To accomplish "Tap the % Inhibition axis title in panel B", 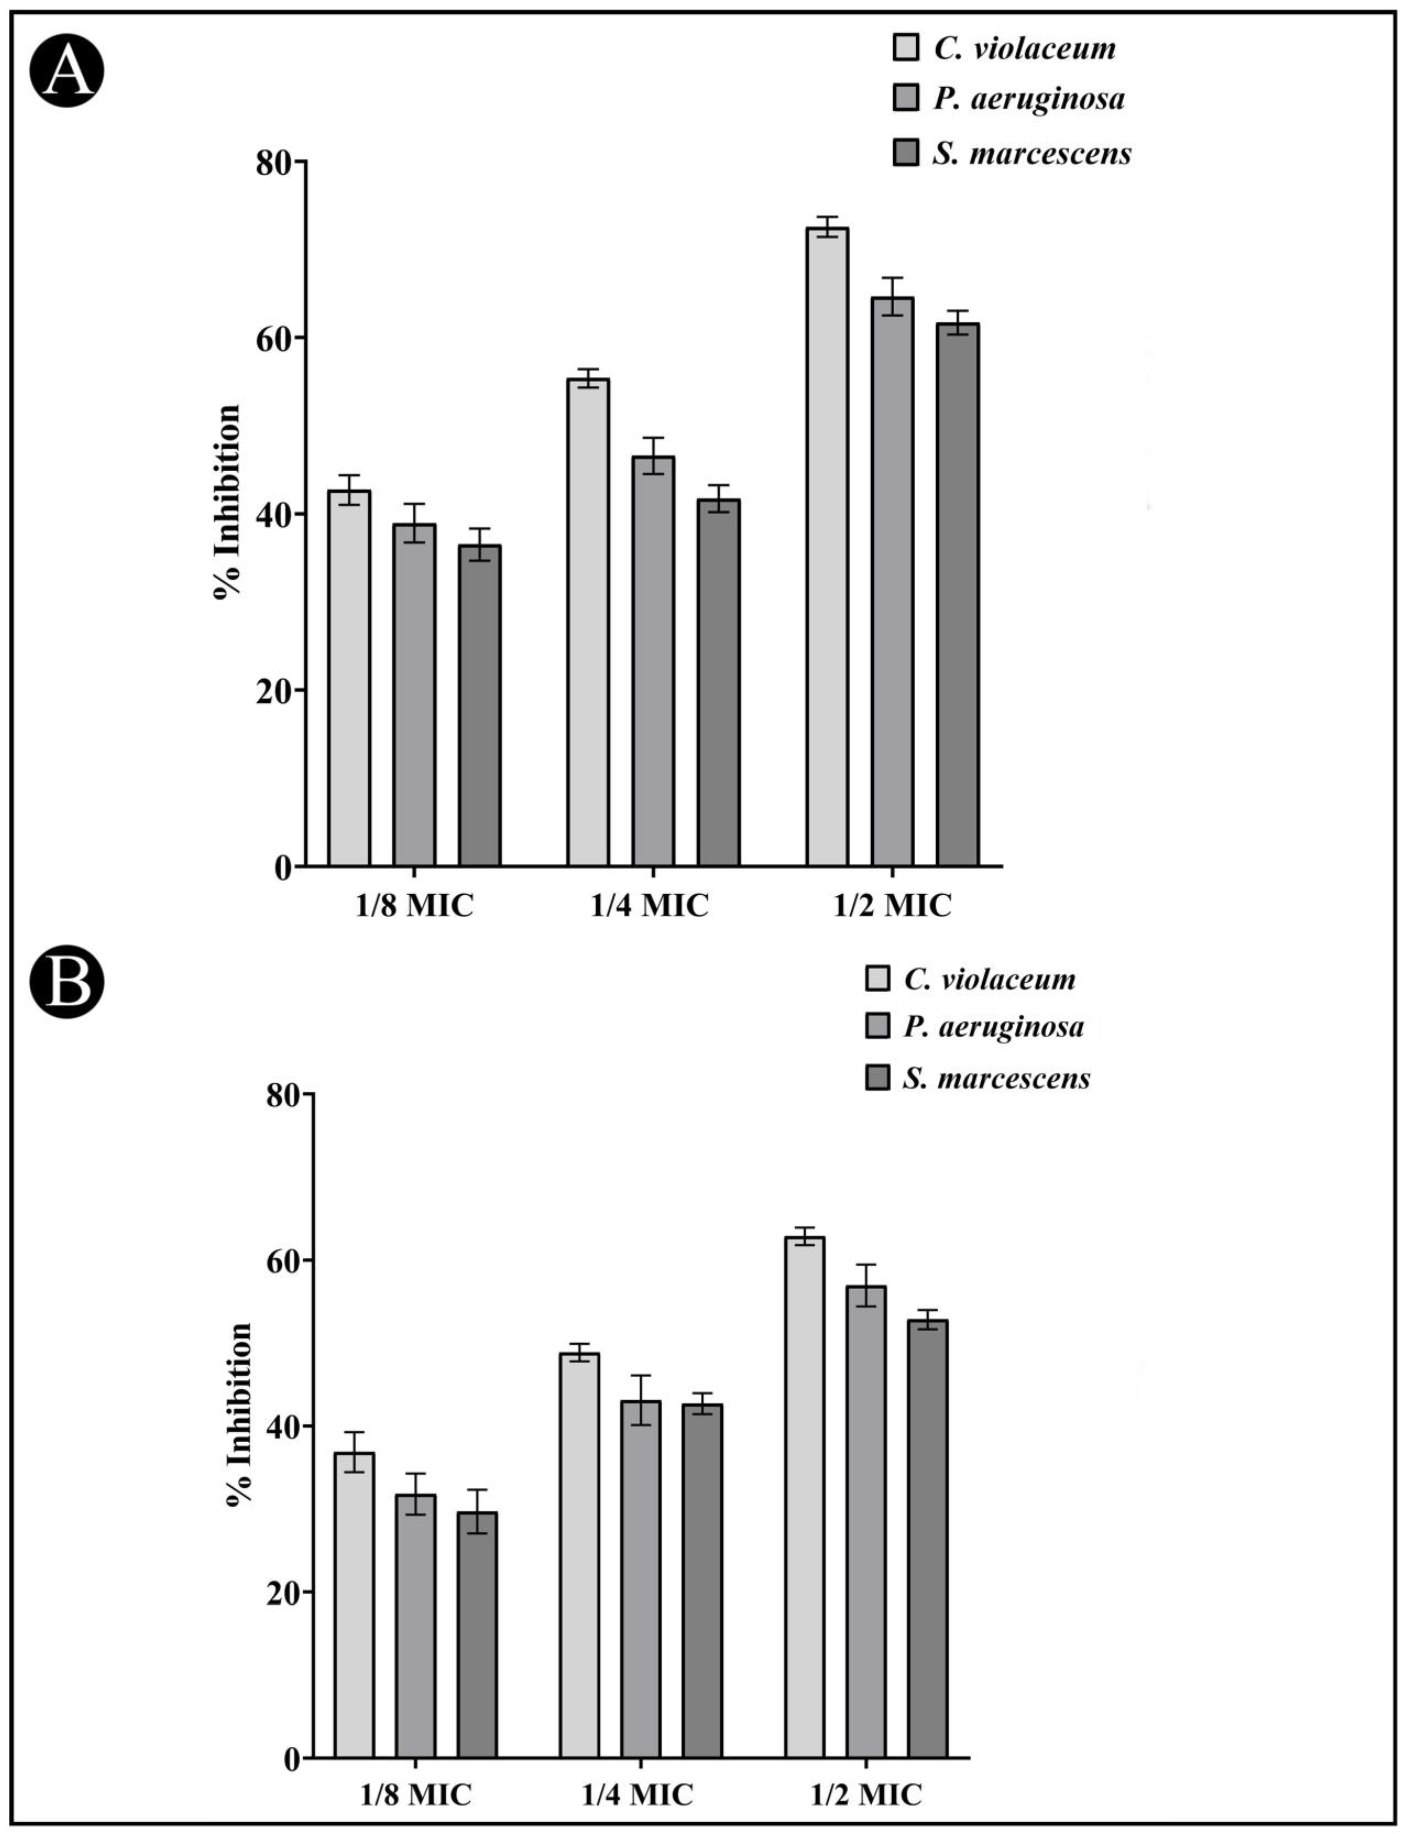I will tap(239, 1414).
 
